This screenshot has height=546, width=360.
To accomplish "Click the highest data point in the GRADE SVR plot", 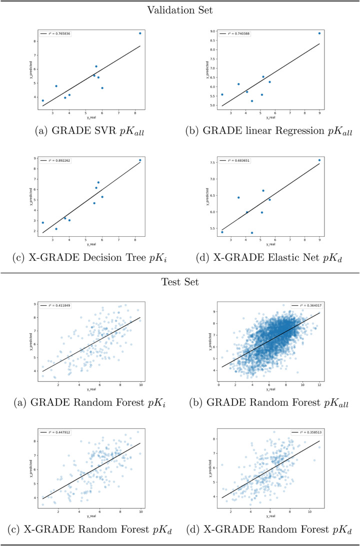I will point(140,34).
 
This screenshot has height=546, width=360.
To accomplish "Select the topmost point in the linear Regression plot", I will point(319,34).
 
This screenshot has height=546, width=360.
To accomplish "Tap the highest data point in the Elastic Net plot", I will point(319,160).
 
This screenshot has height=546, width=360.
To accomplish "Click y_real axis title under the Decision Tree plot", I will point(91,244).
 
